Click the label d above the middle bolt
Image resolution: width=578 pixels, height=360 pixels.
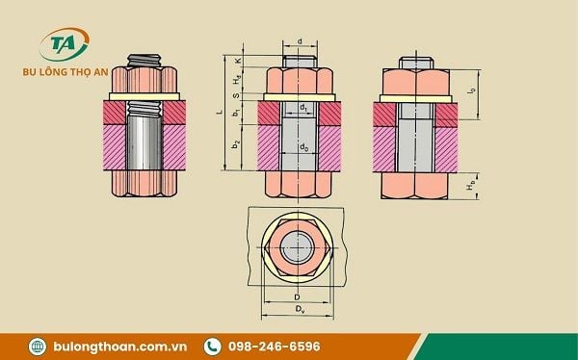tap(301, 41)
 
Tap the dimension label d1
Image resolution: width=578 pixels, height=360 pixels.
tap(303, 107)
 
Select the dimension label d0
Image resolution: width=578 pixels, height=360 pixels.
tap(302, 147)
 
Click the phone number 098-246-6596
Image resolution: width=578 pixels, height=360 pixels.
tap(275, 346)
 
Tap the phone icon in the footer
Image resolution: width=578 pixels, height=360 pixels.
tap(211, 346)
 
